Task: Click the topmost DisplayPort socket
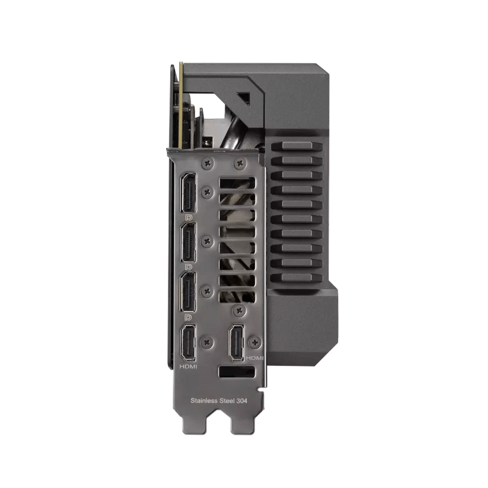click(x=188, y=192)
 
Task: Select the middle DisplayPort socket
click(x=188, y=243)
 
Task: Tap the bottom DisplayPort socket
click(x=188, y=292)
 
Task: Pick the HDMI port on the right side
click(x=237, y=343)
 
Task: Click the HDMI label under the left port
click(x=188, y=366)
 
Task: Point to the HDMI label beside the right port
click(x=255, y=358)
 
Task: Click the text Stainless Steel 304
click(x=219, y=401)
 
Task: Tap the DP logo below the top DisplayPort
click(x=188, y=217)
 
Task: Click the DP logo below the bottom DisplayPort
click(x=188, y=317)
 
